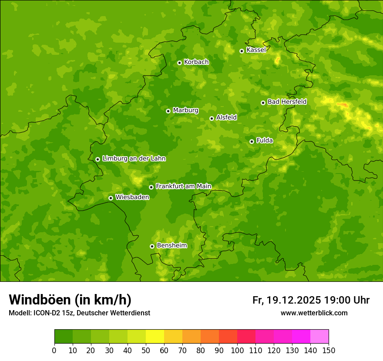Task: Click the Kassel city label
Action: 256,50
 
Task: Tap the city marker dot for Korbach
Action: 179,63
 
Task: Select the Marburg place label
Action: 185,110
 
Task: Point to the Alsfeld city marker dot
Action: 212,118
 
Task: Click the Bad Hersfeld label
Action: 287,102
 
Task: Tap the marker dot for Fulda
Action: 252,141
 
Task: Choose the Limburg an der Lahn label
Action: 134,159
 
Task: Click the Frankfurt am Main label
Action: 183,186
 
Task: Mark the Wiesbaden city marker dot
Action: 111,198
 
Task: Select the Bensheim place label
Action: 171,245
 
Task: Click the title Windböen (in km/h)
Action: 70,300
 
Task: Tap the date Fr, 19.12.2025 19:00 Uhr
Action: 311,300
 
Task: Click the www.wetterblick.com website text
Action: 314,313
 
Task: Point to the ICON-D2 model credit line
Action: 79,313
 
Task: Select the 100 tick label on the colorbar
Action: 237,350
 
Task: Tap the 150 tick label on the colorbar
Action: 329,350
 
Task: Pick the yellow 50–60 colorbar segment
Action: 155,337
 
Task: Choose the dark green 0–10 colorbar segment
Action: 64,337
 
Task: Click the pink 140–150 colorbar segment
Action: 319,337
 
